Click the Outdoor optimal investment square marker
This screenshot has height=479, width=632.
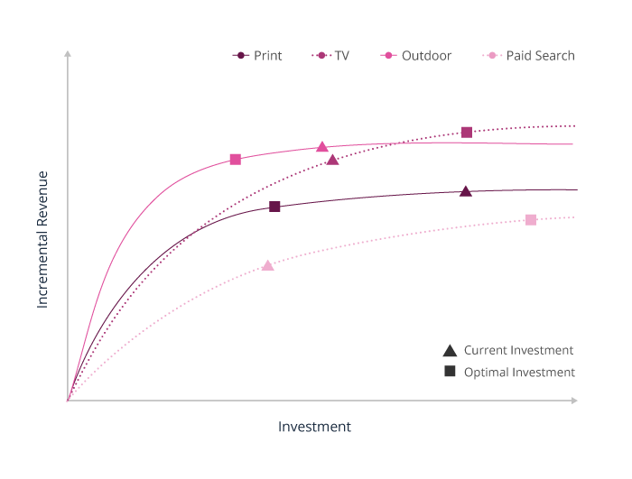point(236,159)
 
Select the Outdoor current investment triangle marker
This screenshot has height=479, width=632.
point(321,147)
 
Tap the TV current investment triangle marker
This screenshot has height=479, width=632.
point(333,160)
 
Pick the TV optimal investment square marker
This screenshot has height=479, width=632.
point(467,132)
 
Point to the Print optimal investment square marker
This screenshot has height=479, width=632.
point(275,207)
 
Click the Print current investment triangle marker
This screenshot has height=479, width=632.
point(466,191)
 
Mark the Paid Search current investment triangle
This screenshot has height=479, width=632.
point(268,265)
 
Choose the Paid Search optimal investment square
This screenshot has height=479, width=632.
point(531,219)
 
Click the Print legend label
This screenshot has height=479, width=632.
point(267,56)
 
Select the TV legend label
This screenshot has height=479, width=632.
point(341,56)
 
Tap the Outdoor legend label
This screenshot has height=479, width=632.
point(426,56)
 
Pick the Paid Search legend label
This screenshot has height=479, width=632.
point(540,56)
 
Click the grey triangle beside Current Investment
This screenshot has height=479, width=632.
point(450,350)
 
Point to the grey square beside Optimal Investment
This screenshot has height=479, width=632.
point(450,372)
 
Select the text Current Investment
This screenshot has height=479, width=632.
point(518,350)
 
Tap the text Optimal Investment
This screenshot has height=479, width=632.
point(519,372)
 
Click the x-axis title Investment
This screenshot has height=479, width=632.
point(314,427)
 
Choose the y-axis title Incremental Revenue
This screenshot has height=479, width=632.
point(42,239)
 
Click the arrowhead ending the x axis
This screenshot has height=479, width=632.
point(574,400)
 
